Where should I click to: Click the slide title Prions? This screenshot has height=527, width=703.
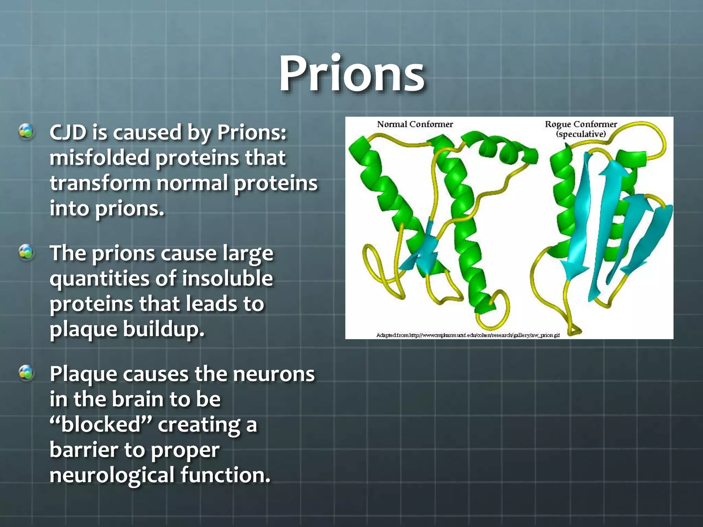tap(351, 74)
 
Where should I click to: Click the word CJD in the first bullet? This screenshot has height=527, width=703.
tap(68, 132)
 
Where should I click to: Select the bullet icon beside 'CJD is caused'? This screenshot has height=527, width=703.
tap(26, 132)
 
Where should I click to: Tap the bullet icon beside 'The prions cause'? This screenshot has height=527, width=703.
tap(26, 253)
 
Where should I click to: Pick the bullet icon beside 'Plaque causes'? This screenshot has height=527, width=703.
tap(26, 373)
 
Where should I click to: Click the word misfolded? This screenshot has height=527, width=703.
tap(100, 158)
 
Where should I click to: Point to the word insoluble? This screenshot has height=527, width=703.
tap(227, 278)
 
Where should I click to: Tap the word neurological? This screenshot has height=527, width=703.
tap(112, 476)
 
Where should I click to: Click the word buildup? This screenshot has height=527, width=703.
tap(163, 329)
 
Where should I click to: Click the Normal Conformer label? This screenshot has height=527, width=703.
tap(415, 124)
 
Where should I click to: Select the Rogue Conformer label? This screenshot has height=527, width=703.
tap(581, 124)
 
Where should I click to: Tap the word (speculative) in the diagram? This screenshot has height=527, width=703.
tap(581, 134)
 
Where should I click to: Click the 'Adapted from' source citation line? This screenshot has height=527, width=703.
tap(468, 335)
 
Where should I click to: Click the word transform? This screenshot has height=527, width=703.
tap(100, 183)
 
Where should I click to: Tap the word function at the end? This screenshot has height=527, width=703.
tap(225, 475)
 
